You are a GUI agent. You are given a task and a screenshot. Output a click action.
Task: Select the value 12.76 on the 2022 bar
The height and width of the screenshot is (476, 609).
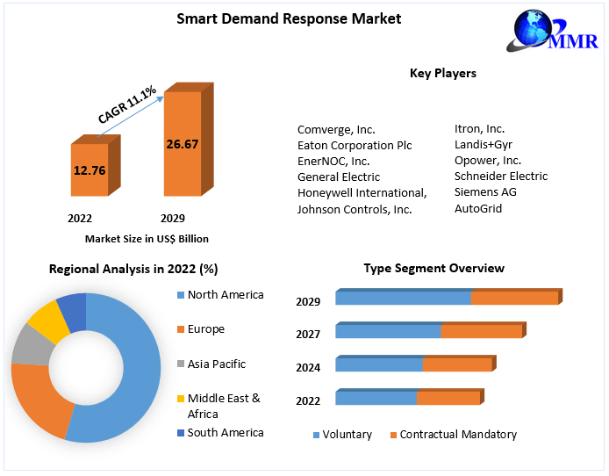click(x=91, y=170)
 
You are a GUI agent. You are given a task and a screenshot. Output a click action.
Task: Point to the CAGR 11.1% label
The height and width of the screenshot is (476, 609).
click(x=128, y=104)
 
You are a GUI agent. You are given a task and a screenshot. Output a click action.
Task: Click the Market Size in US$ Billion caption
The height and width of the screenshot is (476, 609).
click(x=147, y=238)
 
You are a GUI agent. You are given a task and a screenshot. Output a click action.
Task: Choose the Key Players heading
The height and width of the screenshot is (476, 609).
click(x=442, y=73)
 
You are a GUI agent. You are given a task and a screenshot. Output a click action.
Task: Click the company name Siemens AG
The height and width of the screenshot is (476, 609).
click(x=485, y=192)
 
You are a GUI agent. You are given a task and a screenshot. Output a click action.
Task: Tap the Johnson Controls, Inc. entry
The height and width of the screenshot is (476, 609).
click(x=355, y=209)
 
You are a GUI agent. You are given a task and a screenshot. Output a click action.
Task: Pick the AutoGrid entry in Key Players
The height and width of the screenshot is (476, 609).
click(x=478, y=208)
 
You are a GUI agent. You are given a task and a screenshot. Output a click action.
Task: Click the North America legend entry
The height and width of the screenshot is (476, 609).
click(x=225, y=295)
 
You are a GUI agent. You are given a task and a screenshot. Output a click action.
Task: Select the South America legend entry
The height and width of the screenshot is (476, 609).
click(x=225, y=432)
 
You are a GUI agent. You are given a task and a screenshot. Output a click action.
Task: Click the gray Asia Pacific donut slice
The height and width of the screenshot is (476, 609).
click(x=32, y=345)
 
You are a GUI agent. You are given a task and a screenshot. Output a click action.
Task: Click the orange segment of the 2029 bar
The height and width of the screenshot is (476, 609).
click(x=514, y=299)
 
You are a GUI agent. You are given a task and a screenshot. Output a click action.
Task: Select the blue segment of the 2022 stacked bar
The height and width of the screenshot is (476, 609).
click(x=376, y=399)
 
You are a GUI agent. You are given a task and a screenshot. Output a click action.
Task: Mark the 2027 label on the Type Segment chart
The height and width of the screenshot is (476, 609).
click(x=308, y=335)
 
